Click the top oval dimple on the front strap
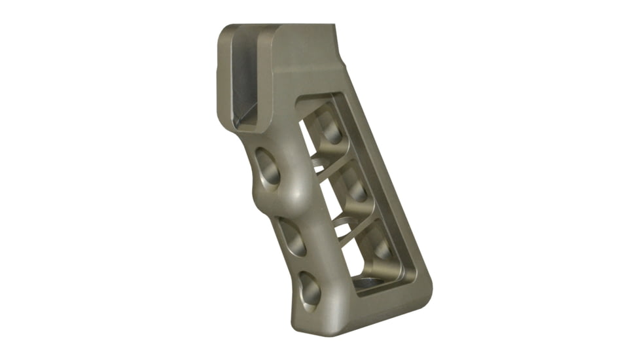[268, 167]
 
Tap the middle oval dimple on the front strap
[291, 238]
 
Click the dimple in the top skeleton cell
[330, 131]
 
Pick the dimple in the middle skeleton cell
[357, 190]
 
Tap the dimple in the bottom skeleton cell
[383, 249]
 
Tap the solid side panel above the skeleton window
[308, 65]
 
